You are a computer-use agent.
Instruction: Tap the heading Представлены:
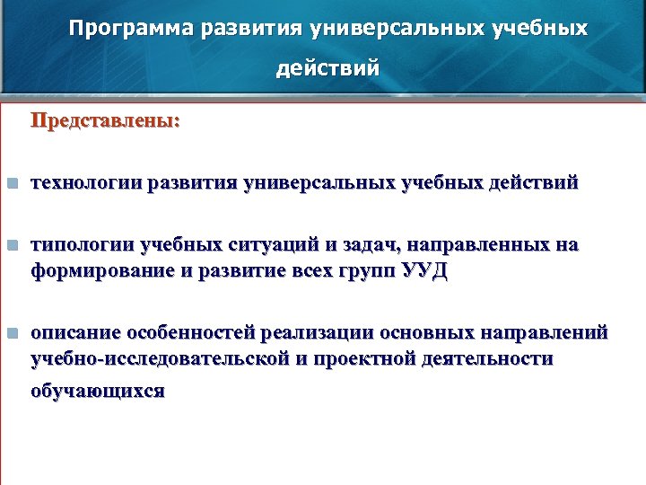pyautogui.click(x=105, y=119)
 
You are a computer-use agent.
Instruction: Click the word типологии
pyautogui.click(x=81, y=245)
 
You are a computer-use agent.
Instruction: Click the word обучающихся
pyautogui.click(x=98, y=392)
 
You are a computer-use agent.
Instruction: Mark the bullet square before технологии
pyautogui.click(x=11, y=184)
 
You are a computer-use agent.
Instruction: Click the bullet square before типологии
pyautogui.click(x=11, y=245)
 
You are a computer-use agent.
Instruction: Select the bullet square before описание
pyautogui.click(x=11, y=333)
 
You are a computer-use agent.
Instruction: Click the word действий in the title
pyautogui.click(x=327, y=68)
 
